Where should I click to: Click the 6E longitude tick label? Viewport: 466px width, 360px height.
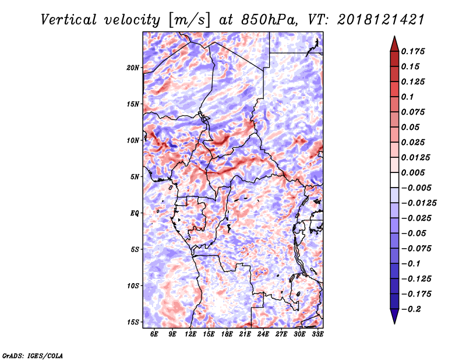click(x=154, y=334)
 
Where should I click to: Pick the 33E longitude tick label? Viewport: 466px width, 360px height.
click(x=318, y=334)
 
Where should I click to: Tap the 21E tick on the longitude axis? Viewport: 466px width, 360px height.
click(x=245, y=334)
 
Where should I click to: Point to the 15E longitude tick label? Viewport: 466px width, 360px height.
click(x=209, y=334)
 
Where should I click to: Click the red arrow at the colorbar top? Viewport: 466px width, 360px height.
click(x=394, y=44)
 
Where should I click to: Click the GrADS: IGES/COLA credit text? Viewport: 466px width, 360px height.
click(x=32, y=355)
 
